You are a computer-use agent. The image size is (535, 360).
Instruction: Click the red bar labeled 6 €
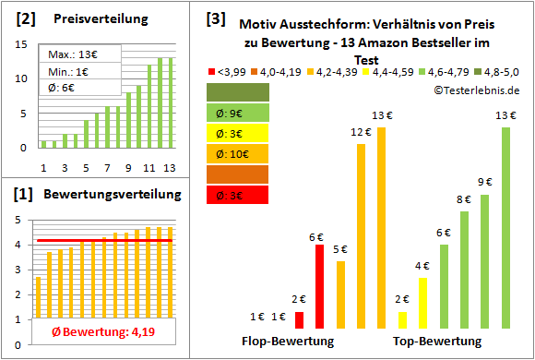coord(320,286)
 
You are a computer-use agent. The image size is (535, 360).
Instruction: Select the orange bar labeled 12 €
coord(361,236)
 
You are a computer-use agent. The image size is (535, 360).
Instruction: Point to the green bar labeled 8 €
coord(464,270)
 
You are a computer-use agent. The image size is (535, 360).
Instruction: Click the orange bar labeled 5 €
coord(340,294)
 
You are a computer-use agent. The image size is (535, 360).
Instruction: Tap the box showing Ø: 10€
coord(238,153)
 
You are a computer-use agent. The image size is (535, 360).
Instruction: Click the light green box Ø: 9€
coord(238,113)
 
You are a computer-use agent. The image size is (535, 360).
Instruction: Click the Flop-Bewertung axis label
coord(287,342)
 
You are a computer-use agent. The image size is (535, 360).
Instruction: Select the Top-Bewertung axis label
coord(437,342)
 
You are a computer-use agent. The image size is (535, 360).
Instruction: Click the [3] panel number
coord(215,18)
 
